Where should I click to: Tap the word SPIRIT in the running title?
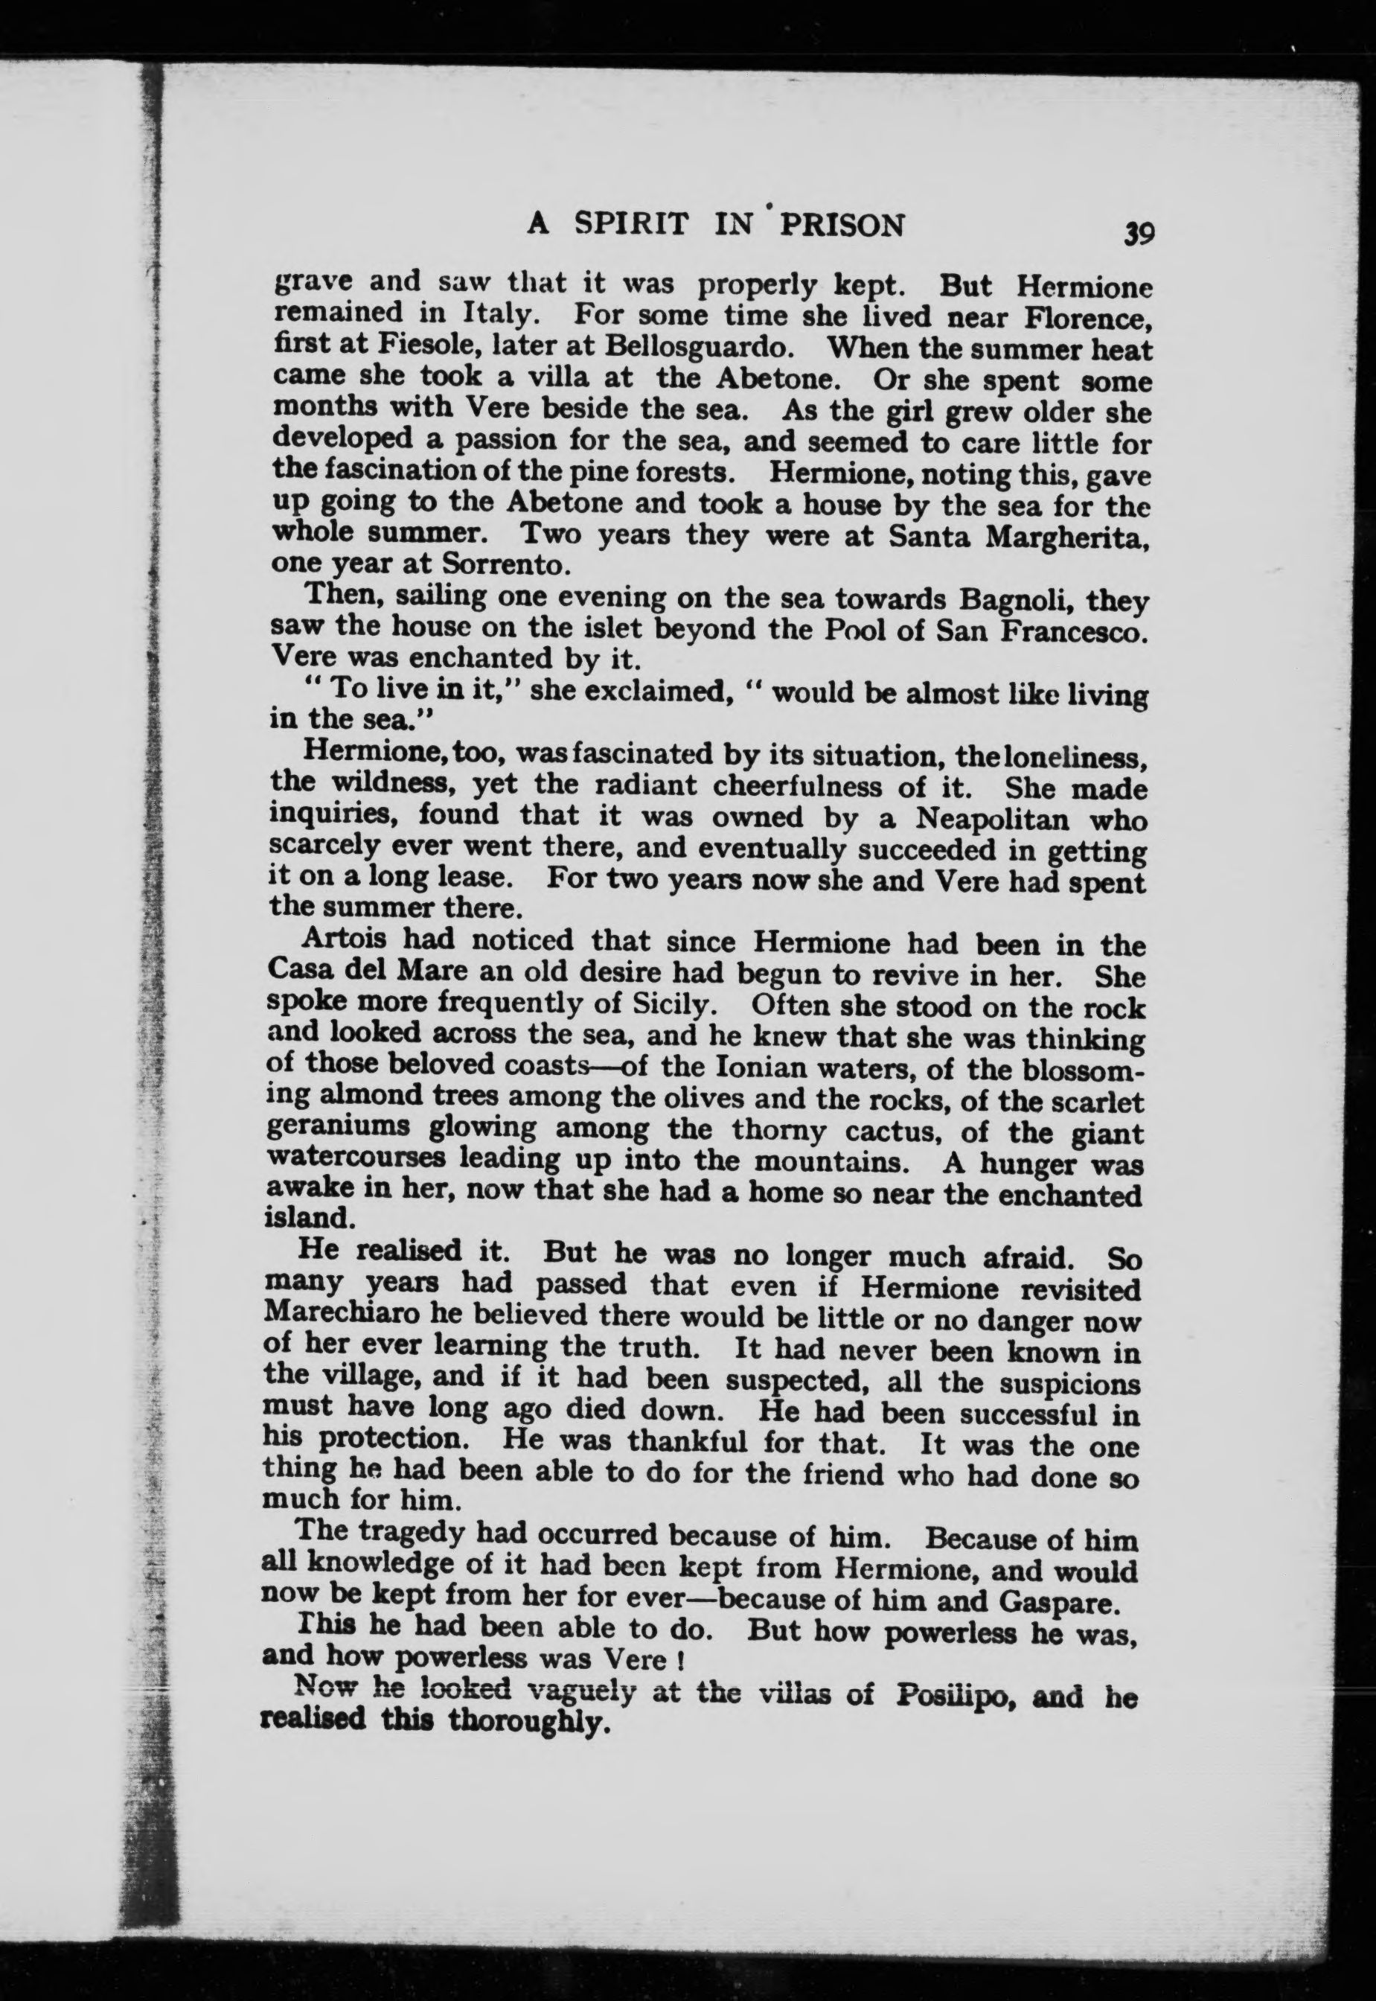(631, 224)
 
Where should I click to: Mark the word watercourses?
(356, 1158)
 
